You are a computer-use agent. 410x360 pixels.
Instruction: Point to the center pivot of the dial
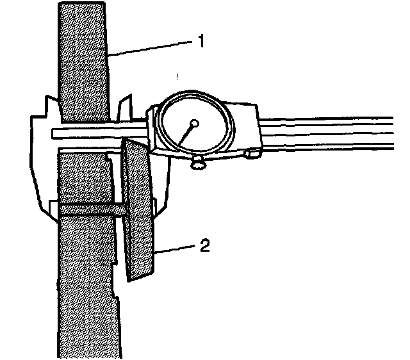(x=195, y=122)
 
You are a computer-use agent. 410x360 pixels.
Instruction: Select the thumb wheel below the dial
(x=199, y=164)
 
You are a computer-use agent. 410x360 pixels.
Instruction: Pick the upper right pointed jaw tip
(x=130, y=97)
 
